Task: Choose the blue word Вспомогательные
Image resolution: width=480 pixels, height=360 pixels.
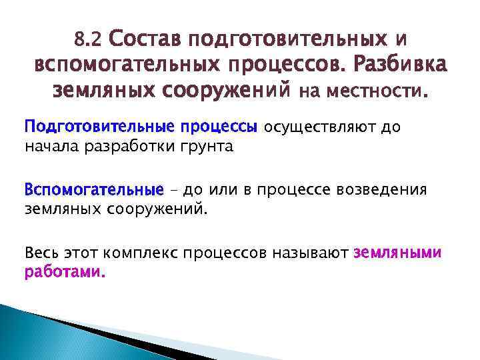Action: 93,191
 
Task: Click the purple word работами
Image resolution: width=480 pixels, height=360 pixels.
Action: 65,273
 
